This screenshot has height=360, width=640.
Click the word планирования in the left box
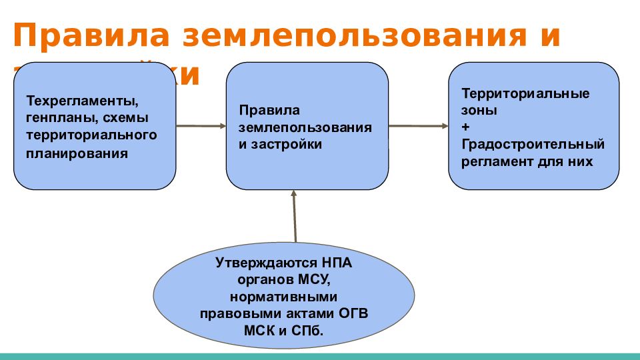click(77, 153)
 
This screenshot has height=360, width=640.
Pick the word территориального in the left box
click(91, 136)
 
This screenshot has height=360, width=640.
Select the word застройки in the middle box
click(287, 144)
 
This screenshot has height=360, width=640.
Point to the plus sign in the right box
click(465, 127)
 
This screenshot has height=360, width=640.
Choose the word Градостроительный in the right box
click(533, 144)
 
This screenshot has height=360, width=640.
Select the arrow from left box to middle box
click(201, 125)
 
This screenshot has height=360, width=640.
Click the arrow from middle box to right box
click(418, 125)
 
